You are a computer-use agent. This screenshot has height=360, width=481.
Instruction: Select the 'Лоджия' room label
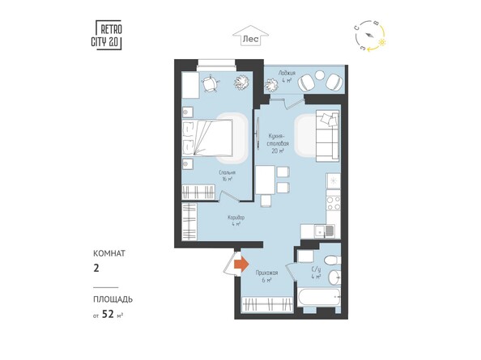[286, 76]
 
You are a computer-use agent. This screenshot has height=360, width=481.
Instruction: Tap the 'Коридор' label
[236, 220]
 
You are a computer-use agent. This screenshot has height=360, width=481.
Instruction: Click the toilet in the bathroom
[338, 259]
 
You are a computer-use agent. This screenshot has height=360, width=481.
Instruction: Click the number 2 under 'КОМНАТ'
[96, 264]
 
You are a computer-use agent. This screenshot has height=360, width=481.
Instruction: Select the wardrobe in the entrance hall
[267, 306]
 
